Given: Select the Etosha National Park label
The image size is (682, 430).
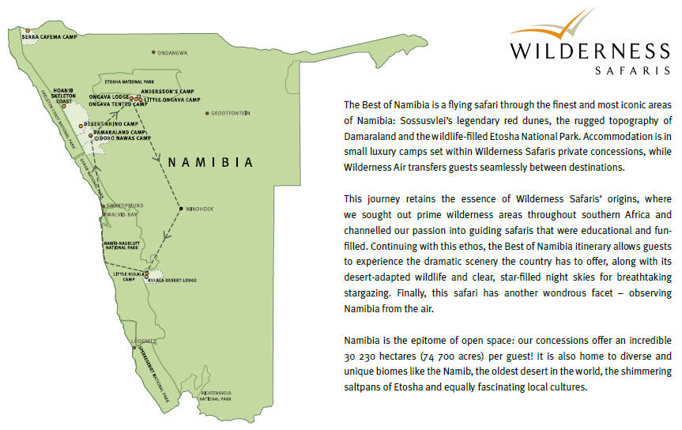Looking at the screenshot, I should coord(129,81).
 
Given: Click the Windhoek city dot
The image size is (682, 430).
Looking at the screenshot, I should coord(181,209).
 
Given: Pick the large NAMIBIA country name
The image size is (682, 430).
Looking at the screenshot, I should coord(211,163).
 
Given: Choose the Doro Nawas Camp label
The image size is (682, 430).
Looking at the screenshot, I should coord(122,138).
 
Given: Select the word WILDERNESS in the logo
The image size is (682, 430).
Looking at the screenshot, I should coord(589,51).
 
